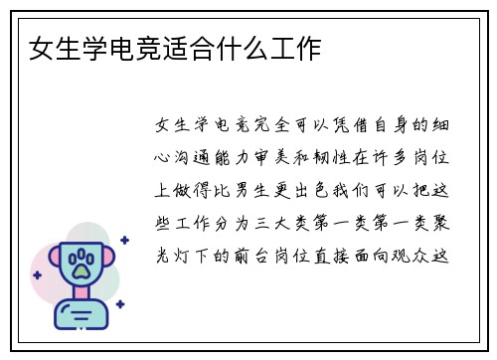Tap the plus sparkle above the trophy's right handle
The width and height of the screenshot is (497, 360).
pyautogui.click(x=124, y=240)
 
